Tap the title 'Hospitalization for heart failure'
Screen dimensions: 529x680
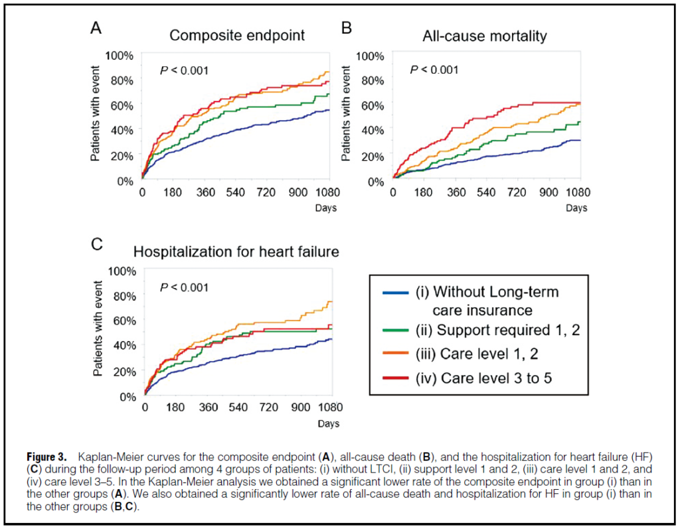236,252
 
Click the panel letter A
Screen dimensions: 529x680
96,29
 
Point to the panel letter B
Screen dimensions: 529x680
346,29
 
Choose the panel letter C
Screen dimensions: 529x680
96,244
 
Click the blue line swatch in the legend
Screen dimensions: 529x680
396,293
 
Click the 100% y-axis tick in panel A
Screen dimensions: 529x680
120,54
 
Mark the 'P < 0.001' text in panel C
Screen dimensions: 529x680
184,287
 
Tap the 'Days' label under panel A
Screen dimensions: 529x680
326,208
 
